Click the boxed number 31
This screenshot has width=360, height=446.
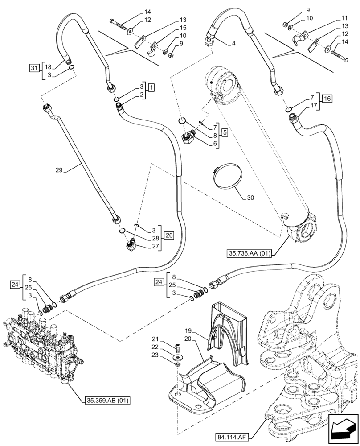coord(34,68)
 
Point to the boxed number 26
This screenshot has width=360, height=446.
coord(168,235)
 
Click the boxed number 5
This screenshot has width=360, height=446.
coord(224,132)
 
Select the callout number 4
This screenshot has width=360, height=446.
coord(234,44)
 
